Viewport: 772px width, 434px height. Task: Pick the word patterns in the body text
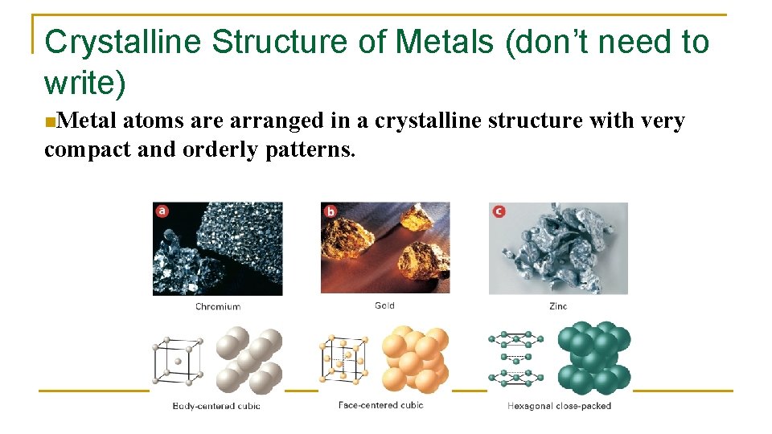tap(309, 149)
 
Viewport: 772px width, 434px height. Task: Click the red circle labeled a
tap(162, 211)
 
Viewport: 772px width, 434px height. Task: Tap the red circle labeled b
tap(331, 211)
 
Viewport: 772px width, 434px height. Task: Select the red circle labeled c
tap(499, 211)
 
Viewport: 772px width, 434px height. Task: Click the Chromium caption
tap(217, 306)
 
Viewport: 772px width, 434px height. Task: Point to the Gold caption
tap(384, 305)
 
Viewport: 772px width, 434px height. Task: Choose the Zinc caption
tap(558, 306)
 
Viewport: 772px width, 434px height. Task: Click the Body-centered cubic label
tap(216, 406)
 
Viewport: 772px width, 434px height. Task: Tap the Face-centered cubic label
tap(380, 405)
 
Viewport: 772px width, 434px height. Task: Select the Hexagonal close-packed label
tap(559, 406)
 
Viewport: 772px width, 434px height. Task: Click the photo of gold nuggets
tap(385, 248)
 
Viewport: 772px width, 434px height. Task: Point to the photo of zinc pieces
tap(558, 248)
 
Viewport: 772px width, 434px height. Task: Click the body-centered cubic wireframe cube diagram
tap(177, 361)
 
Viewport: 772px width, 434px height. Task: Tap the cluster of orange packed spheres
tap(415, 358)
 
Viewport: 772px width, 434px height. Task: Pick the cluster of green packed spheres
tap(594, 358)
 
